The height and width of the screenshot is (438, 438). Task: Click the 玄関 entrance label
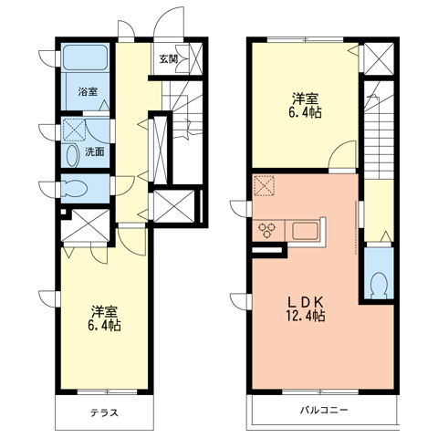click(168, 59)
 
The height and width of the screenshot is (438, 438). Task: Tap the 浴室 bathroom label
click(88, 92)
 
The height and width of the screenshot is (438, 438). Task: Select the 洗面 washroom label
click(95, 152)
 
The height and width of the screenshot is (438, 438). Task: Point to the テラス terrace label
click(104, 412)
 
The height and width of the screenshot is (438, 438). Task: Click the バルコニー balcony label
click(324, 411)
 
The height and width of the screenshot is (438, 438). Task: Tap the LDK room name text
click(305, 302)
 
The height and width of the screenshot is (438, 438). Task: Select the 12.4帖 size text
click(305, 316)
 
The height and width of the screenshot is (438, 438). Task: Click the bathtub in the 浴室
click(86, 57)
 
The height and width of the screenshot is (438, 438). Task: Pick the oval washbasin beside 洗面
click(72, 155)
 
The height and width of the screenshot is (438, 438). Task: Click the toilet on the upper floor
click(379, 284)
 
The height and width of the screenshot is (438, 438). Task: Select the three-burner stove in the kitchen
click(267, 229)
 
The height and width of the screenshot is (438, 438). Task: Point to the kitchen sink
click(305, 231)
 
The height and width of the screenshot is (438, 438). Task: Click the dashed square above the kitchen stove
click(265, 185)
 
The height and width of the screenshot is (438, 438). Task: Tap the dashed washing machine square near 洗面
click(74, 130)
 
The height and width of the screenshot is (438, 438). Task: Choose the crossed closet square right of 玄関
click(195, 57)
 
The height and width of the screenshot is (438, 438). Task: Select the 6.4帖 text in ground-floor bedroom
click(104, 326)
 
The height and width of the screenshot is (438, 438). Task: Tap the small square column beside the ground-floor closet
click(63, 212)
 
